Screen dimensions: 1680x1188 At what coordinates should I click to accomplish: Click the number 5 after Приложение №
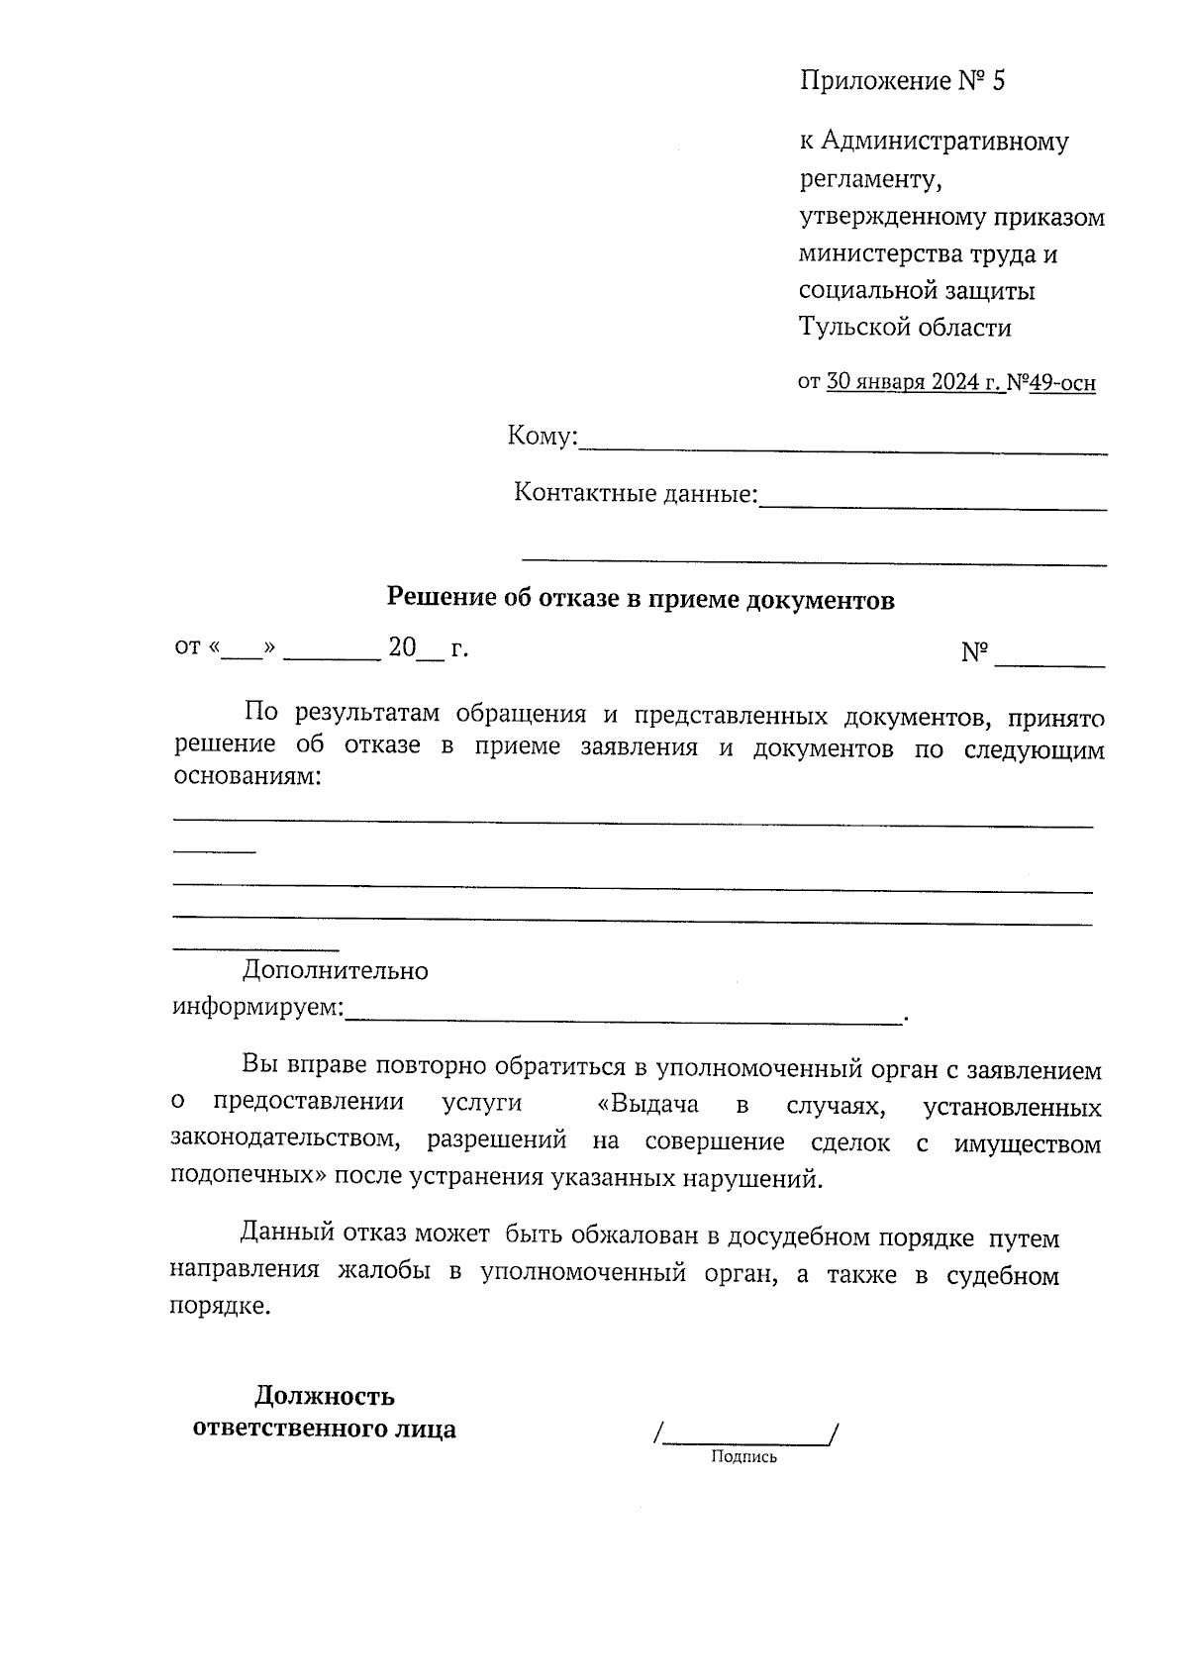[x=996, y=81]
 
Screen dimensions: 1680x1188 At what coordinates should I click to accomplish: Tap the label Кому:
[x=542, y=437]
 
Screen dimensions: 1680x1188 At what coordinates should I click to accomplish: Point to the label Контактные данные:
[x=635, y=493]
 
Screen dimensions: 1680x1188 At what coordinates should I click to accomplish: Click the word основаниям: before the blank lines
[x=247, y=776]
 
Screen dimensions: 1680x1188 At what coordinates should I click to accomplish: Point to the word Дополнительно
[x=336, y=971]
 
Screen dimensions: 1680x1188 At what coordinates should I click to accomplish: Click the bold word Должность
[x=325, y=1397]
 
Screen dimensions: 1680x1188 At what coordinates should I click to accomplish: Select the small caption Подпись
[x=743, y=1457]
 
